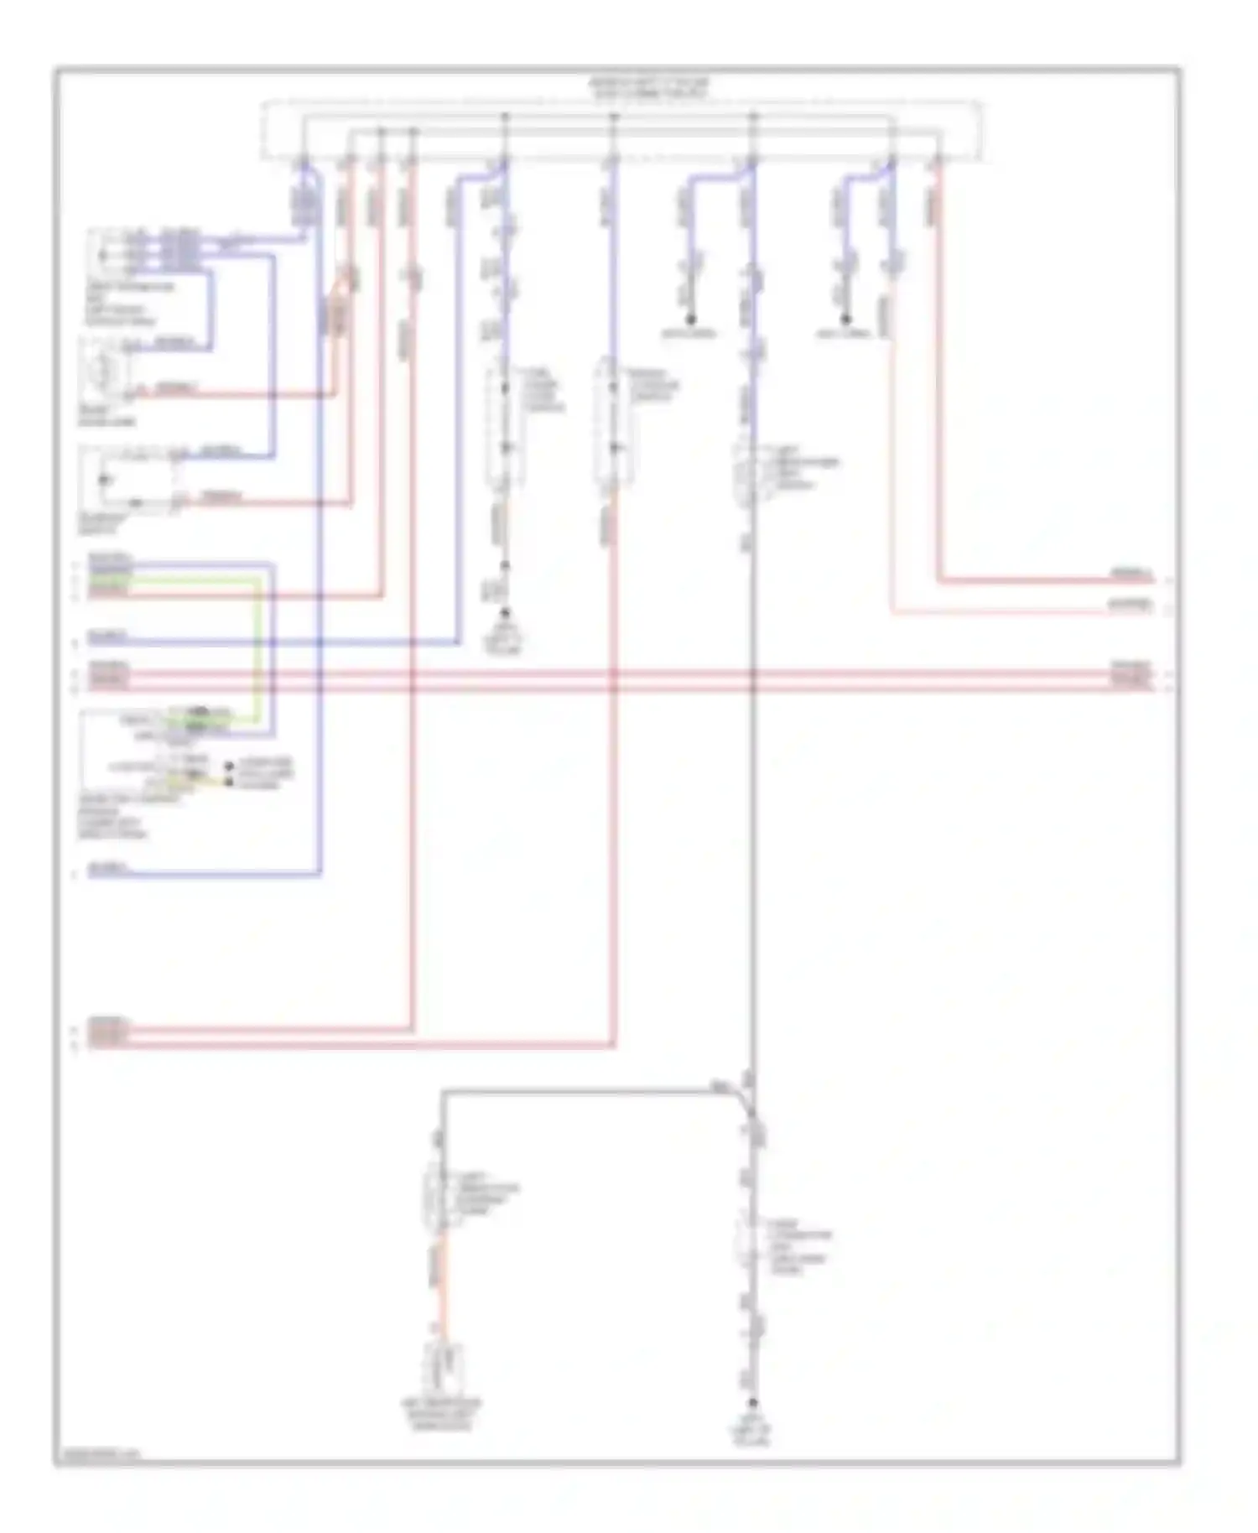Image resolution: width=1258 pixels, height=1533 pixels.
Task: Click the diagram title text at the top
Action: pos(647,89)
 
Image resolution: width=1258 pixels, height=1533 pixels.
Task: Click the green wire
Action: pos(257,646)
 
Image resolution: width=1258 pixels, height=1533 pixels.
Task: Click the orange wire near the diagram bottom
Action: pos(442,1291)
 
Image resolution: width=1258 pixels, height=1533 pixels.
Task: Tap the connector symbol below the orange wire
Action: pos(442,1367)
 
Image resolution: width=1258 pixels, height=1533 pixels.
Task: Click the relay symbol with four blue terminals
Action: pos(105,251)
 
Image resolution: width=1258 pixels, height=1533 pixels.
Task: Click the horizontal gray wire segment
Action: pos(587,1091)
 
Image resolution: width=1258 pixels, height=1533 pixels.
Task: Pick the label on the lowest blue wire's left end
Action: pos(107,869)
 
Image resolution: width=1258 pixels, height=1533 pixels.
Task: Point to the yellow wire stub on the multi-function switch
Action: pos(210,780)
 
